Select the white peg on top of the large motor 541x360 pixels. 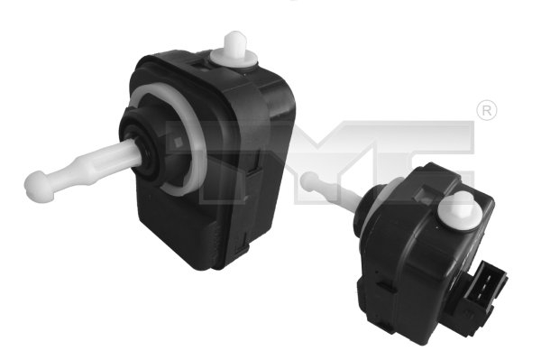(x=235, y=45)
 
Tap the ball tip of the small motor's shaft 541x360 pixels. (x=312, y=180)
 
